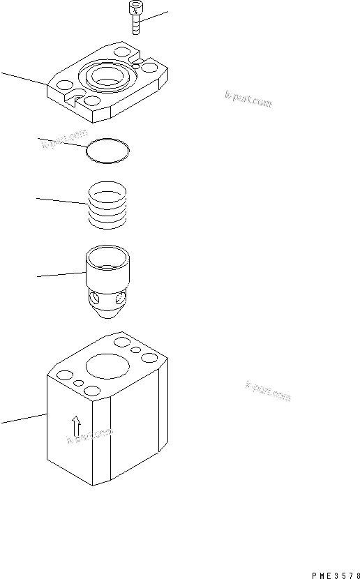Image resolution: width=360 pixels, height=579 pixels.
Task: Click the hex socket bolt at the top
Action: (x=133, y=18)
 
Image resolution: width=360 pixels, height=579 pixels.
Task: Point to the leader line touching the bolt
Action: (x=154, y=17)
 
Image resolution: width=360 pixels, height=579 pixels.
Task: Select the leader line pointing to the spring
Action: (x=61, y=200)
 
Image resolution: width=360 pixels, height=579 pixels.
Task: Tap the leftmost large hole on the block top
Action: (x=64, y=377)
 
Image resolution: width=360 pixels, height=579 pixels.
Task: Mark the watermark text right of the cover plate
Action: (x=248, y=100)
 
